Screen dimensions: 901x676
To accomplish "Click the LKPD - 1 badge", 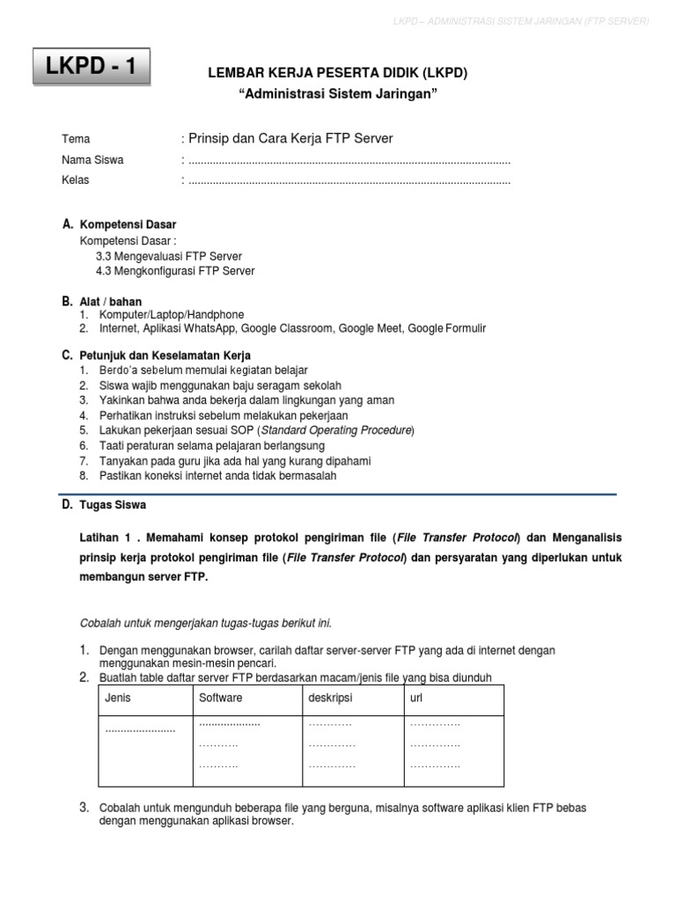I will pos(92,67).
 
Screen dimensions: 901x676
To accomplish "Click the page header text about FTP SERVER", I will pos(520,20).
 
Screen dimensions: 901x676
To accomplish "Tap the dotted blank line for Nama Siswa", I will pos(349,161).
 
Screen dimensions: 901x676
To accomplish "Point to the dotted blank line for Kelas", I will pos(349,181).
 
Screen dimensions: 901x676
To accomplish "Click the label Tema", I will pos(76,140).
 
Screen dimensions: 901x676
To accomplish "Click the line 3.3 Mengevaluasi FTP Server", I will pos(169,256).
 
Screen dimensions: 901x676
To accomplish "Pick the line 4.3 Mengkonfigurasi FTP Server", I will pos(175,271).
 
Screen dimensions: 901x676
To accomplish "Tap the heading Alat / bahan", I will pos(111,302).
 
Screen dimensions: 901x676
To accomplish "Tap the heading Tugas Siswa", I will pos(113,506).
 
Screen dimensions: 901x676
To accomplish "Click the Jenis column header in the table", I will pos(118,698).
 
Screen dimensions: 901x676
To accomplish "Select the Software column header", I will pos(221,698).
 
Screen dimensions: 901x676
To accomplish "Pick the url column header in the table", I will pos(416,698).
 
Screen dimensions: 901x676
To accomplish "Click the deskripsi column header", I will pos(330,698).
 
